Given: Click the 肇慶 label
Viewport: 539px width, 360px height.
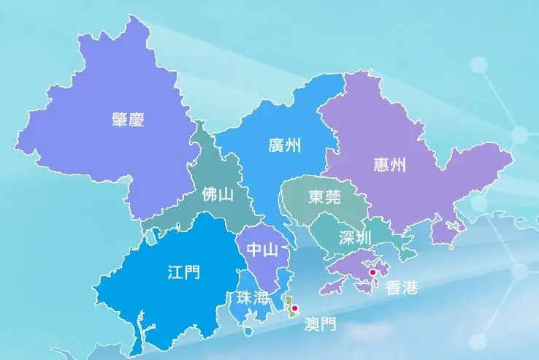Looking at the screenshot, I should pos(128,120).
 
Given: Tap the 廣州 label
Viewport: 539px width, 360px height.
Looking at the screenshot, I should pos(285,145).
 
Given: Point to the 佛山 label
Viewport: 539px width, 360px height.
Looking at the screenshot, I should pos(218,195).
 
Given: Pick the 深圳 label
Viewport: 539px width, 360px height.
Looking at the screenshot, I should pos(356,237).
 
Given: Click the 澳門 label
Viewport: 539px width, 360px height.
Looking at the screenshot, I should pos(321,323).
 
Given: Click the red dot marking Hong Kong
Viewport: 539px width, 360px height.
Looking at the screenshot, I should pos(372,273).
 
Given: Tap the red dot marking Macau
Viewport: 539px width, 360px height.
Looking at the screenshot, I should pos(294,309).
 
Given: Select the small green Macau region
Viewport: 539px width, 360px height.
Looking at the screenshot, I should pos(290,307).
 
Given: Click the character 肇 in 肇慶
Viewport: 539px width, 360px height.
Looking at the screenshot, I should pos(120,120).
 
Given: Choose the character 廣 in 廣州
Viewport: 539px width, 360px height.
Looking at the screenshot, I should pos(276,145).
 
